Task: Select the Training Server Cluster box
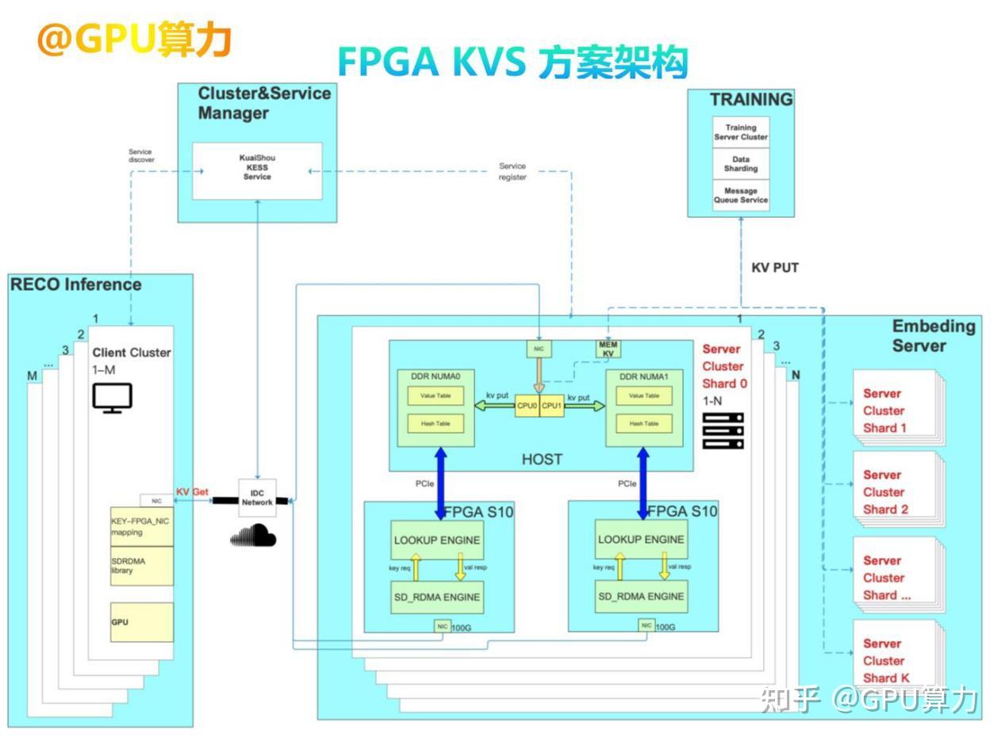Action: pyautogui.click(x=741, y=132)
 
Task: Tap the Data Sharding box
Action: pyautogui.click(x=741, y=164)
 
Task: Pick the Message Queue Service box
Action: pyautogui.click(x=741, y=196)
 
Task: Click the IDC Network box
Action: pyautogui.click(x=257, y=498)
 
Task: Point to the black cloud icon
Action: pyautogui.click(x=254, y=537)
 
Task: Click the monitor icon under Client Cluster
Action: pyautogui.click(x=112, y=397)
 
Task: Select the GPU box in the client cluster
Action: pyautogui.click(x=141, y=622)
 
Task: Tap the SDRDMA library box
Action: pyautogui.click(x=141, y=566)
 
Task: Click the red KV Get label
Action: pyautogui.click(x=192, y=492)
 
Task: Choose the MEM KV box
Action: pyautogui.click(x=608, y=349)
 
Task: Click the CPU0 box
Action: pyautogui.click(x=527, y=406)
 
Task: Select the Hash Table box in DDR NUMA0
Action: pyautogui.click(x=435, y=423)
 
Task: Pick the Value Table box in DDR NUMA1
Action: pyautogui.click(x=643, y=395)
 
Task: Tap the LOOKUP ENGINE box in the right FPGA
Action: pyautogui.click(x=641, y=540)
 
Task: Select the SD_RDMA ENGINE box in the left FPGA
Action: pyautogui.click(x=437, y=597)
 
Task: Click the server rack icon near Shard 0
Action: pyautogui.click(x=723, y=430)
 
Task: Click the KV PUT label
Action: pyautogui.click(x=774, y=268)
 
